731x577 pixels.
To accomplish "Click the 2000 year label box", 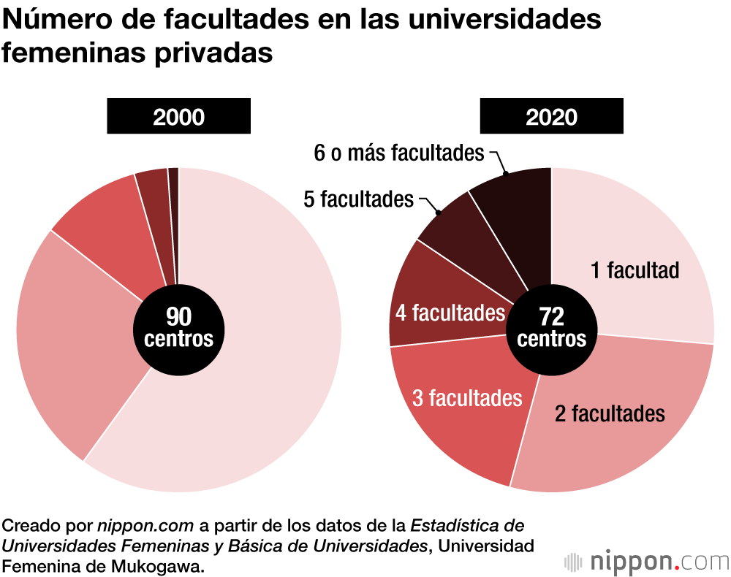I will (x=178, y=117).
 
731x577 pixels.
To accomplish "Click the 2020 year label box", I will (x=551, y=117).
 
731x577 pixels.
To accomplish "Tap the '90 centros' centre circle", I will (x=178, y=327).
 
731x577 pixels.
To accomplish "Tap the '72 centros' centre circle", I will (x=551, y=327).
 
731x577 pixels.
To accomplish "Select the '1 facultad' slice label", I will (x=635, y=270).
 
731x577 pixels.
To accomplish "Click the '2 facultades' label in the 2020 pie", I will (x=610, y=414).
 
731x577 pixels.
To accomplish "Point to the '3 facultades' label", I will (x=467, y=398).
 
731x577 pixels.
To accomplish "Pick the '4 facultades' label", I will (x=450, y=313).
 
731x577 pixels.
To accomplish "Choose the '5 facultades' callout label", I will (x=358, y=199).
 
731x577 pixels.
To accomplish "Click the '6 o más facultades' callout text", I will (x=398, y=153).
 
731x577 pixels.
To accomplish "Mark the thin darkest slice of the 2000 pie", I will (x=174, y=219).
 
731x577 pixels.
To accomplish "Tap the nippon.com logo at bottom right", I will (x=647, y=562).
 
